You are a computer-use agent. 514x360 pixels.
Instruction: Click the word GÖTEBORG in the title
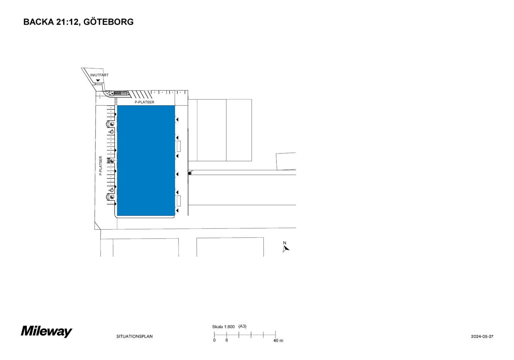point(108,22)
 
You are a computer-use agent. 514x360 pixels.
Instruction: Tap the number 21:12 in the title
point(68,22)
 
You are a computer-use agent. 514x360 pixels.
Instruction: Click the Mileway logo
point(46,331)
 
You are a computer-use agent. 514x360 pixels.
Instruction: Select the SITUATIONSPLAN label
point(134,336)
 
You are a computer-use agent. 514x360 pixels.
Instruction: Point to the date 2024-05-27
point(482,336)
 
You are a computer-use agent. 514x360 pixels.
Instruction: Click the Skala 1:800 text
point(223,327)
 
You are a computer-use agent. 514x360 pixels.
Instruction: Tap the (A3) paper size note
point(242,326)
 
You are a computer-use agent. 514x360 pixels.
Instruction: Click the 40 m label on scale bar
point(278,341)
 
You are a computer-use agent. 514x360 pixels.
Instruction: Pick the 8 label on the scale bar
point(226,340)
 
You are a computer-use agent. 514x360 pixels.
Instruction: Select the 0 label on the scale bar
point(214,340)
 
